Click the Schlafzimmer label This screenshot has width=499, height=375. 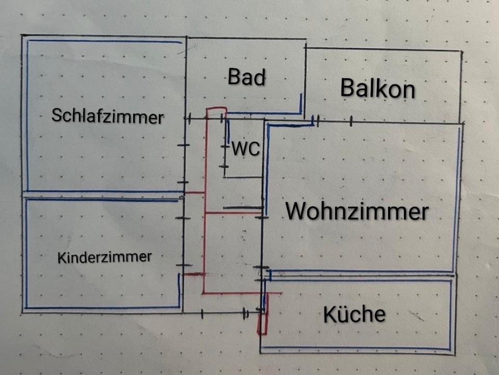click(107, 116)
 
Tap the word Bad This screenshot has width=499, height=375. click(247, 78)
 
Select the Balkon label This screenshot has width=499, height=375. click(377, 89)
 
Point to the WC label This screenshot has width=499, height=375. click(245, 149)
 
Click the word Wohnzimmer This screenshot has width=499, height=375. click(357, 212)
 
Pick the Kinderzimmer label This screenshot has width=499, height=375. click(104, 257)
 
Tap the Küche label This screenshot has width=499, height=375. click(354, 314)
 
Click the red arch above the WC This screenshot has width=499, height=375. click(216, 110)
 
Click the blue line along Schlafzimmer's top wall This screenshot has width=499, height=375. click(104, 41)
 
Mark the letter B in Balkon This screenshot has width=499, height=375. click(347, 89)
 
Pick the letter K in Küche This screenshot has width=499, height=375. click(329, 314)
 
